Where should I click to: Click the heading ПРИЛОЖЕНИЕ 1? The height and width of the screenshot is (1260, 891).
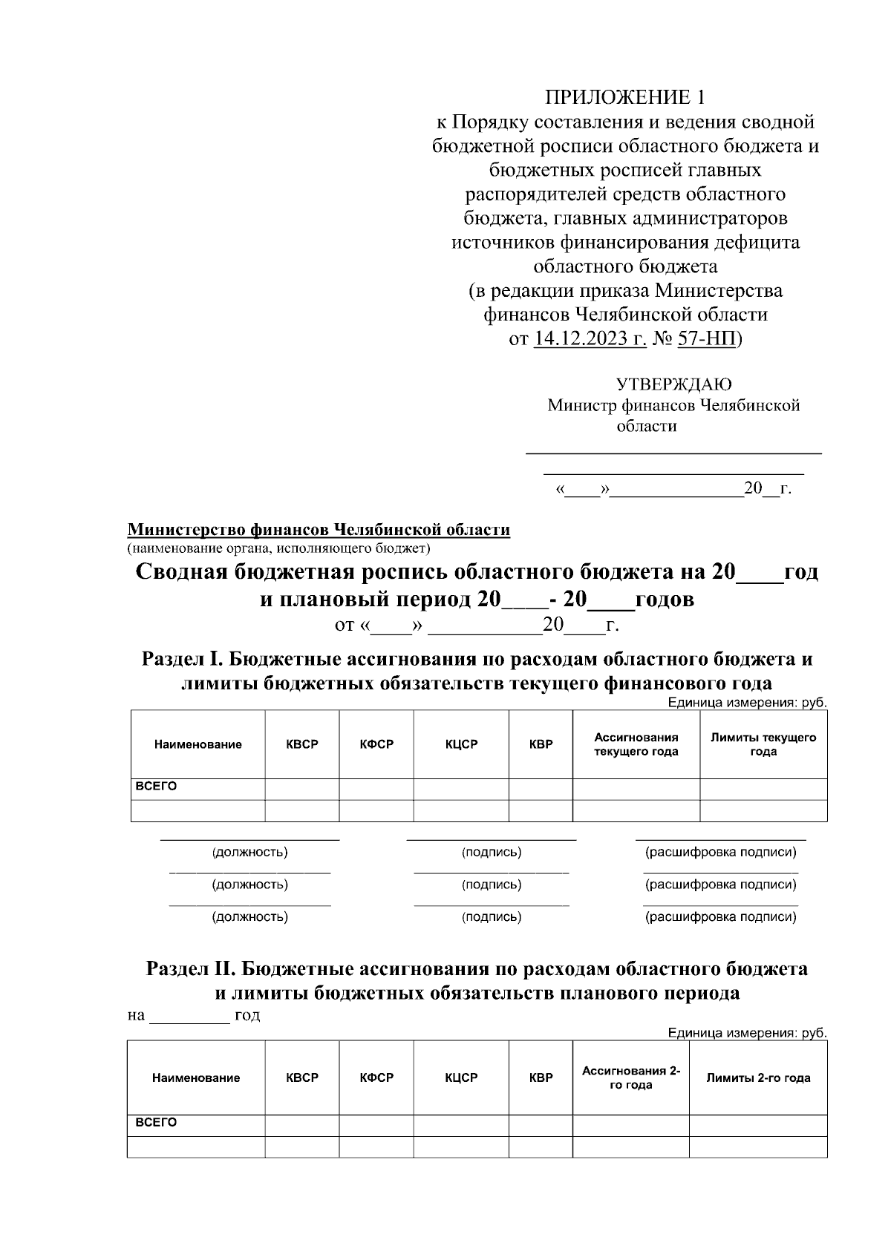[624, 97]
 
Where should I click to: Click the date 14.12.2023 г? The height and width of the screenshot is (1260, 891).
[590, 339]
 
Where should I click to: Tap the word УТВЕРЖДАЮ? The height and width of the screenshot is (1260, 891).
[673, 384]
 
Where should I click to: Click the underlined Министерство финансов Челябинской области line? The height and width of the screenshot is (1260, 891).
[319, 530]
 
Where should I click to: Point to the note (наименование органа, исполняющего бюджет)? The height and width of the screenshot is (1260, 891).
[278, 548]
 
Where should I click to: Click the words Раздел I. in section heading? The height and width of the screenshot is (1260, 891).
[183, 659]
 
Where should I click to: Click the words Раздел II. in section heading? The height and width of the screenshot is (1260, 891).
[191, 969]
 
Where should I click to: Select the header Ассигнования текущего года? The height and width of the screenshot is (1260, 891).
[636, 744]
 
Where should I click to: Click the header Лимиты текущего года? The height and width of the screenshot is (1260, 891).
[763, 744]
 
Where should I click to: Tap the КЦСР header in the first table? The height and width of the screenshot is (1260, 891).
[461, 744]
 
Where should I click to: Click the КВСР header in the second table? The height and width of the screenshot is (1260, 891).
[302, 1077]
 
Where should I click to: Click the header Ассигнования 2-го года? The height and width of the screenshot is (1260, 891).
[630, 1077]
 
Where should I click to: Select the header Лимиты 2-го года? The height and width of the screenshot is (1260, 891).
[757, 1077]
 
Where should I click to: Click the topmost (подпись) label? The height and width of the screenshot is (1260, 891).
[491, 852]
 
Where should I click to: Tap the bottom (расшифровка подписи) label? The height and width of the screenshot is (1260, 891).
[720, 916]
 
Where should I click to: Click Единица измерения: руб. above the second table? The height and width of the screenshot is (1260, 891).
[746, 1033]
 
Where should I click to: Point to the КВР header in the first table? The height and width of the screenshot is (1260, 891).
[541, 744]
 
